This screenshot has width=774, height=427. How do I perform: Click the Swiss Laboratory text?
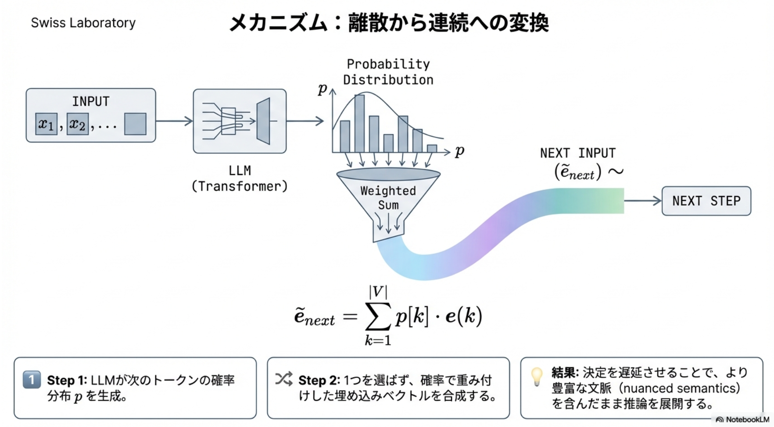83,23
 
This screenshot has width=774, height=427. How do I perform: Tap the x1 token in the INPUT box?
47,124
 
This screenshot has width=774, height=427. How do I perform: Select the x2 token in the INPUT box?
78,124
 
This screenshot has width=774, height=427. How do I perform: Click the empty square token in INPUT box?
135,124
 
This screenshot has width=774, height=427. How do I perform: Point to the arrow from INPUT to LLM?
174,121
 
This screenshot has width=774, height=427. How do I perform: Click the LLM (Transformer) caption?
240,178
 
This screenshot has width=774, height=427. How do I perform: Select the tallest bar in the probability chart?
359,123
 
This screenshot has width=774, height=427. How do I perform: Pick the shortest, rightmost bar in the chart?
432,149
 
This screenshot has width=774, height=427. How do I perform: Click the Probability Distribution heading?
388,72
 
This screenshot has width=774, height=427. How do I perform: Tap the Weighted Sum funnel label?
388,198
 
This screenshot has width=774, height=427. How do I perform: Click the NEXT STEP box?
706,201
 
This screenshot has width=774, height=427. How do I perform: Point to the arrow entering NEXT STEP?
642,201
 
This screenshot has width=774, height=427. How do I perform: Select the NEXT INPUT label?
577,153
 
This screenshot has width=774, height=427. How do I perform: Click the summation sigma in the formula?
378,316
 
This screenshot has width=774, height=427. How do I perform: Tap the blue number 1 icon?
32,380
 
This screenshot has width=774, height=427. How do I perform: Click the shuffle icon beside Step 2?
284,379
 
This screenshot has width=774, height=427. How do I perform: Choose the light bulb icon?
537,376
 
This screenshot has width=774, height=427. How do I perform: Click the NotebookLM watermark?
742,420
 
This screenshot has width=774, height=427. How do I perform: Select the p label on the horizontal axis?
459,151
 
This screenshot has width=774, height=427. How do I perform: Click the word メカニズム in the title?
278,23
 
